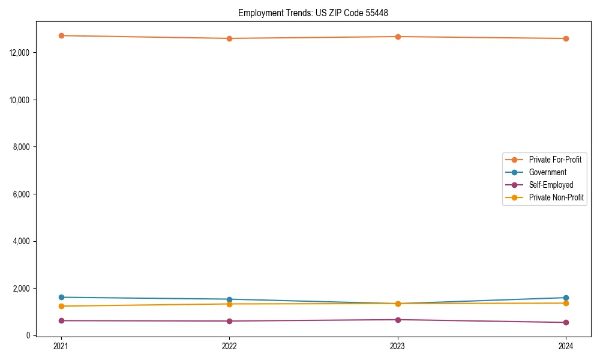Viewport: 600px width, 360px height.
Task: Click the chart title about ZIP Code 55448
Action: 317,13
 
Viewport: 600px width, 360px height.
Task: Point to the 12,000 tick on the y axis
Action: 22,53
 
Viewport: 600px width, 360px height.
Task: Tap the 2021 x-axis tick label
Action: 61,346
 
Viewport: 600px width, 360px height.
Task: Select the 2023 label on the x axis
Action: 398,346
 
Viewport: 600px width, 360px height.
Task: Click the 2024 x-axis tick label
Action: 566,346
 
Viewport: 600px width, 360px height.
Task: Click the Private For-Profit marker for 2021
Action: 61,35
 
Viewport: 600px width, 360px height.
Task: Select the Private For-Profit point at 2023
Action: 398,37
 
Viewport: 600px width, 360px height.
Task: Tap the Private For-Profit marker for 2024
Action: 566,38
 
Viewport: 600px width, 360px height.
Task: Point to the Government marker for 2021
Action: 61,297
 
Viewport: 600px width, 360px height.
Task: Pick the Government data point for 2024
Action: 566,298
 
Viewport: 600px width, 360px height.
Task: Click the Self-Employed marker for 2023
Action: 398,320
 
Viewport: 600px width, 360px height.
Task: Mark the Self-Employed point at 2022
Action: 229,321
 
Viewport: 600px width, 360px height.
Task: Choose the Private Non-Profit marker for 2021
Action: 61,306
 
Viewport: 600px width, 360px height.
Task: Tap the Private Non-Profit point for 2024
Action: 566,303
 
